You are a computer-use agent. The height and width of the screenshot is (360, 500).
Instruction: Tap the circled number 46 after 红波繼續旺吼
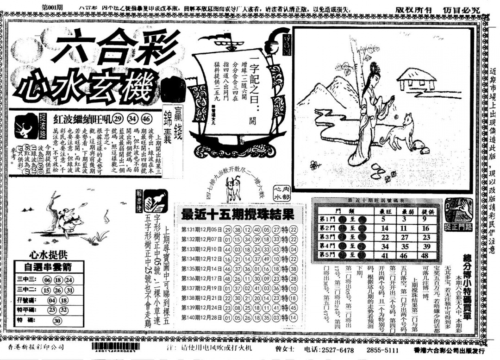(x=146, y=117)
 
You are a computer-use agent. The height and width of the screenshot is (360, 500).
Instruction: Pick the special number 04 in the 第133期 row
(x=293, y=249)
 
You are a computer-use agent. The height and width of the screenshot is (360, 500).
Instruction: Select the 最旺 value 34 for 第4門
(x=384, y=246)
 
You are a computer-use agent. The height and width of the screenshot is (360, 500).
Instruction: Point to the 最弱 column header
(x=405, y=210)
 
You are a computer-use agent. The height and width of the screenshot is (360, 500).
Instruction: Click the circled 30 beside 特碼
(x=57, y=321)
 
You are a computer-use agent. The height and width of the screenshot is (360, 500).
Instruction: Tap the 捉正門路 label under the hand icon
(x=458, y=227)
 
